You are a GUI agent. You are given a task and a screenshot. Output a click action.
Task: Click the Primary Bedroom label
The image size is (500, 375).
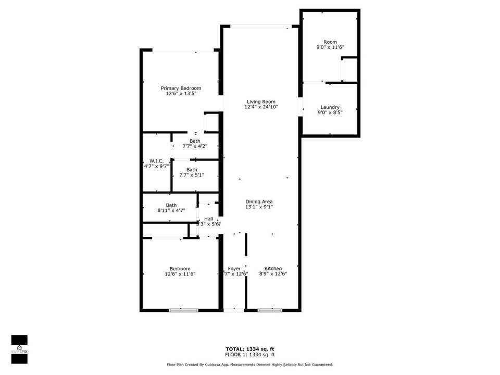[x=181, y=88]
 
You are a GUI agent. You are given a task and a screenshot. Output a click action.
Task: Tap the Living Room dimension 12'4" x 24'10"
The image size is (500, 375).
[x=261, y=107]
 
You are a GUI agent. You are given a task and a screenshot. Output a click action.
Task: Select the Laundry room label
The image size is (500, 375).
[x=330, y=107]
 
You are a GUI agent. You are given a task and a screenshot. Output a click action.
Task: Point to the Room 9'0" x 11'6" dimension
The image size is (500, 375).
[x=330, y=47]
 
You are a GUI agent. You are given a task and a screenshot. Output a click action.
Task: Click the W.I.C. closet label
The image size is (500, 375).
[x=156, y=160]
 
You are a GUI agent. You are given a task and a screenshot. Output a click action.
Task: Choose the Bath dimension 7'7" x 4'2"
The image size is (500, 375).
[x=195, y=146]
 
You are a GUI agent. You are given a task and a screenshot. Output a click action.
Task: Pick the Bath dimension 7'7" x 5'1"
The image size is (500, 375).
[x=192, y=175]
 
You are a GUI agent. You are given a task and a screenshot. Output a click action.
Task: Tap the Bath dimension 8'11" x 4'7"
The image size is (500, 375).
[x=171, y=210]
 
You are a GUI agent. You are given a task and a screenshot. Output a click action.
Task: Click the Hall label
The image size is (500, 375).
[x=208, y=219]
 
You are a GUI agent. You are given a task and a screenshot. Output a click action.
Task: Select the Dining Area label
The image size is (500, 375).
[x=259, y=202]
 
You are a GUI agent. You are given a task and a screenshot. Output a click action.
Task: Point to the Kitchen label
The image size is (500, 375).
[x=273, y=268]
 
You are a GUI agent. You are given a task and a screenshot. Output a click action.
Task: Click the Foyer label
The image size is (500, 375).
[x=234, y=268]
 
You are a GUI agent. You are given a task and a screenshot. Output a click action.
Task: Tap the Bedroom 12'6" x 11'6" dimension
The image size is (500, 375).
[x=180, y=274]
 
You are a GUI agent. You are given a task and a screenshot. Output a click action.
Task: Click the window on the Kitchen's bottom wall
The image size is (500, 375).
[x=270, y=310]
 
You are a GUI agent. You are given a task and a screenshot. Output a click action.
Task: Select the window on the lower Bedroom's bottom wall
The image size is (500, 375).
[x=183, y=310]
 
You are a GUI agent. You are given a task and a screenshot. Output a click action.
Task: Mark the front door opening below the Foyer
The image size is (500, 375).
[x=234, y=310]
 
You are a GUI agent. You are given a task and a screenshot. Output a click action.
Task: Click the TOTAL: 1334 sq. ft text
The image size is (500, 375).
[x=249, y=348]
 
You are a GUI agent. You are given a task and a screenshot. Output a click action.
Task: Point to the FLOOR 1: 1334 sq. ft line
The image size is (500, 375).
[x=249, y=355]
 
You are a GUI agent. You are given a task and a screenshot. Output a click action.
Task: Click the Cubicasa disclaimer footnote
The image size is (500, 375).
[x=249, y=365]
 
